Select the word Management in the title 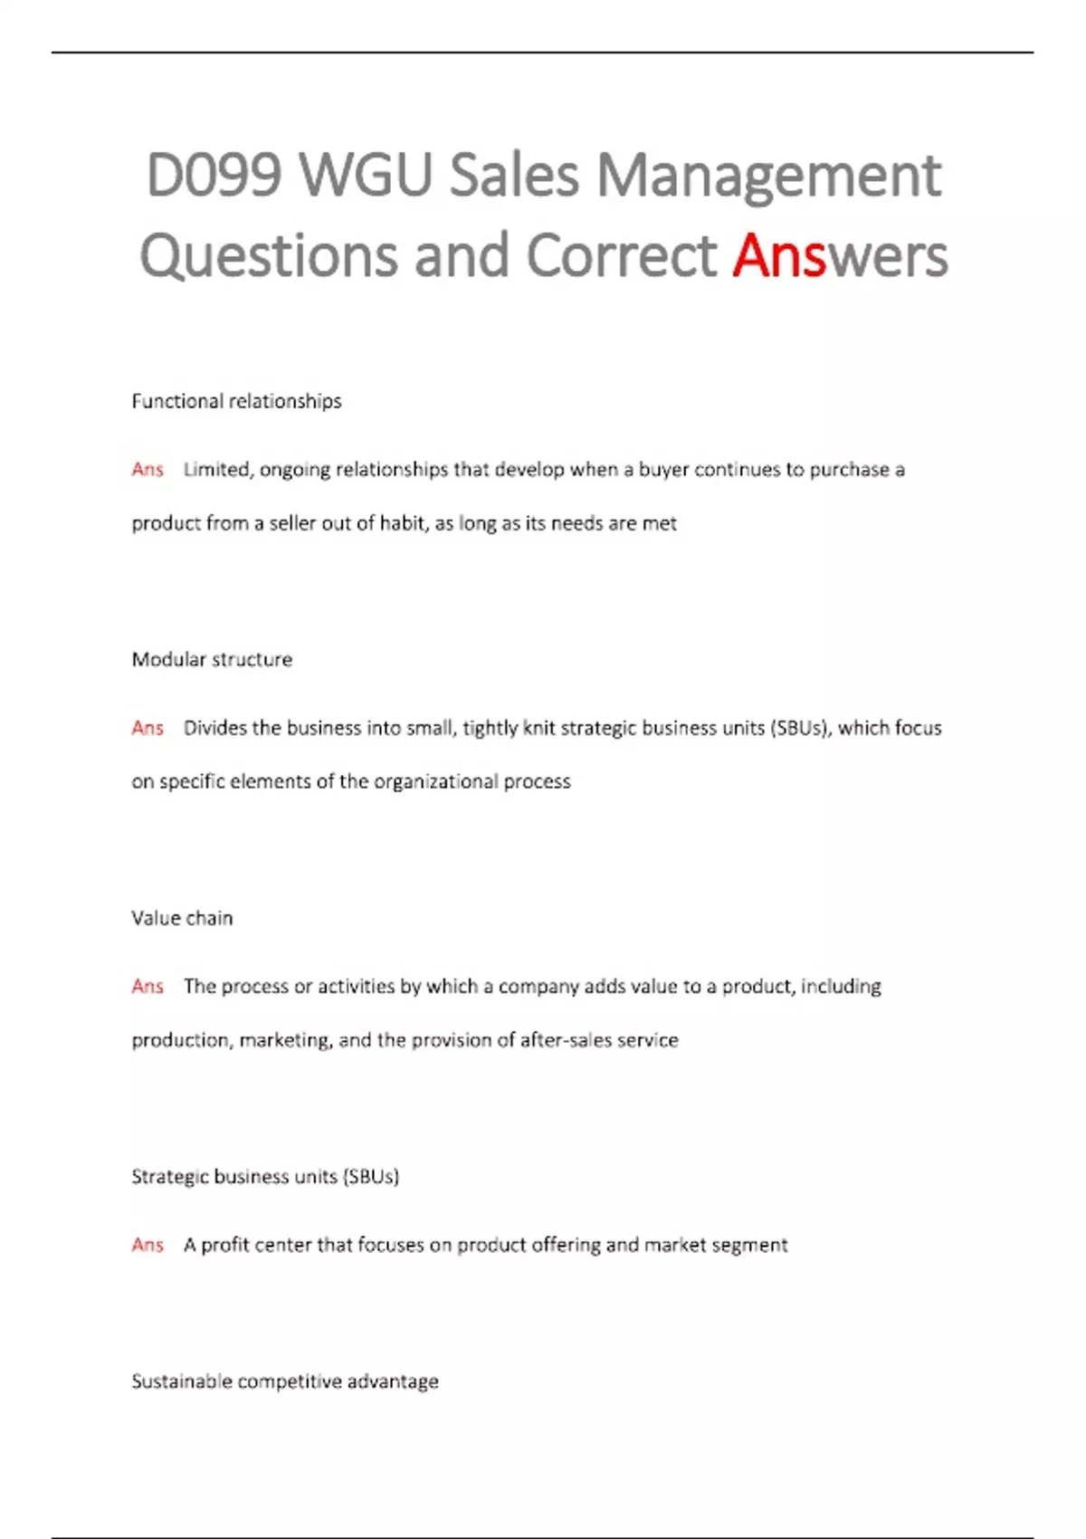[768, 176]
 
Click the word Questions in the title [269, 256]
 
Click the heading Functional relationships [236, 401]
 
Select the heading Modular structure [212, 659]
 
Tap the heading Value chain [182, 918]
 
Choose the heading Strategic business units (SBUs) [265, 1177]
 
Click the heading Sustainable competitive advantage [285, 1381]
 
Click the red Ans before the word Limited [148, 469]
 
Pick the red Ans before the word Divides [148, 728]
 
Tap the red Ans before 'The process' [148, 986]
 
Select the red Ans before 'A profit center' [148, 1245]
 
